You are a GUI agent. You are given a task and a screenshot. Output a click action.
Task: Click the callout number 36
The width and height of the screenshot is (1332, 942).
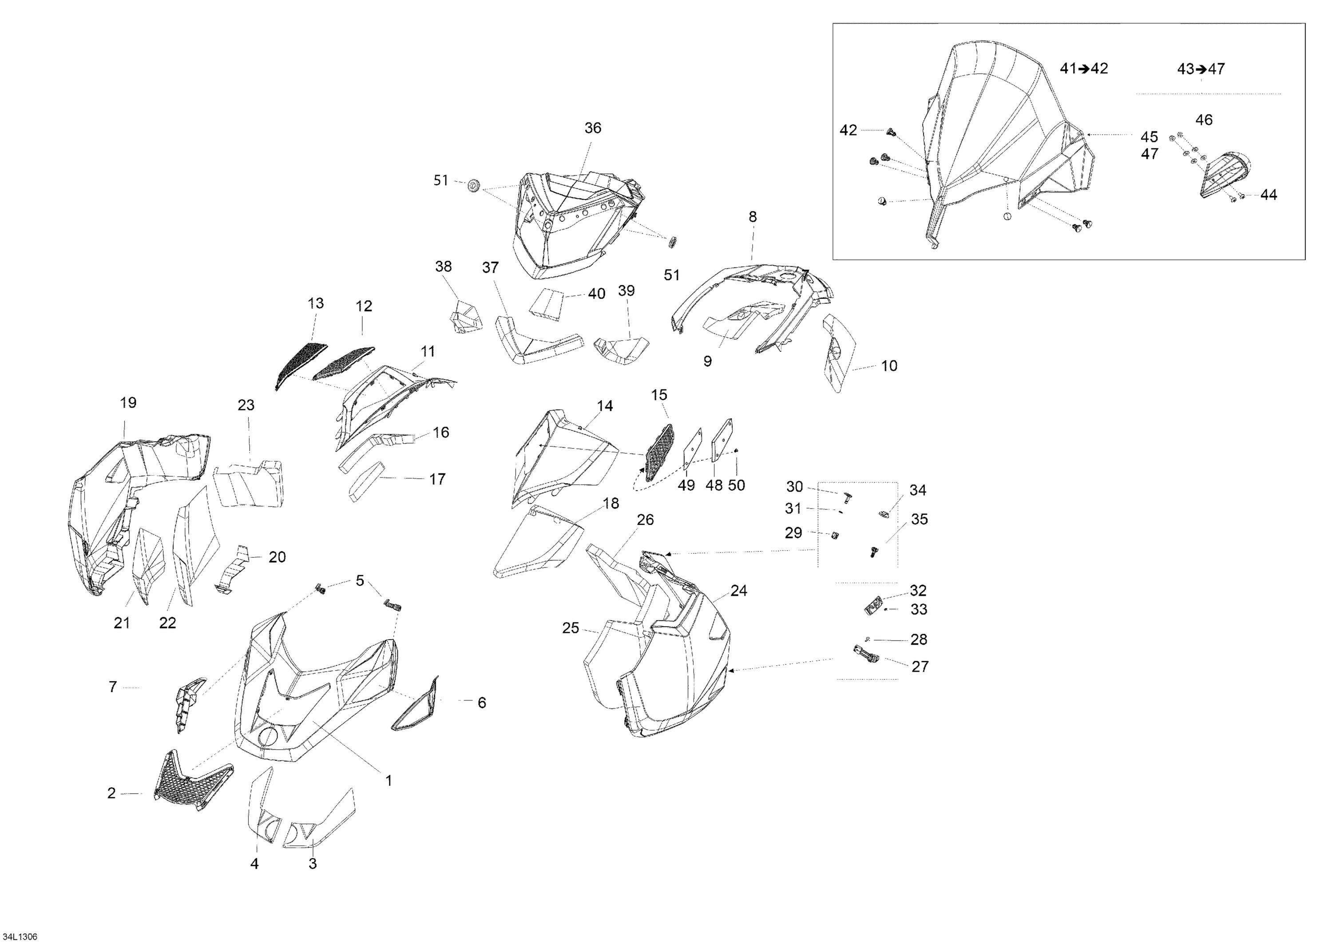[592, 128]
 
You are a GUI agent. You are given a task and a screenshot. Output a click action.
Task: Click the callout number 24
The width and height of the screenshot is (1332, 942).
[738, 590]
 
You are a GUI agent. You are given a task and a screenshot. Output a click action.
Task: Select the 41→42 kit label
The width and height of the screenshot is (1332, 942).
[1084, 68]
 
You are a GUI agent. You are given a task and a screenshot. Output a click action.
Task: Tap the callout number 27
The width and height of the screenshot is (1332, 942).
[920, 666]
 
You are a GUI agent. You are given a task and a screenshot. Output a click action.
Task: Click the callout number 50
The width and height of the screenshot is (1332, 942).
[736, 485]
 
